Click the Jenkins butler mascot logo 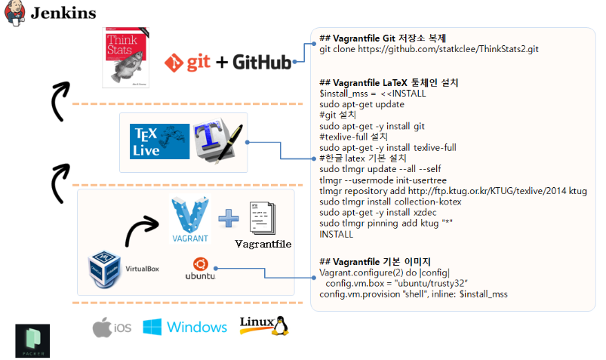(14, 13)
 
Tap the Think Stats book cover (125, 57)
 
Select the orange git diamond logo (174, 63)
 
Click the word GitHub (262, 62)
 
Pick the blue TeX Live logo (160, 141)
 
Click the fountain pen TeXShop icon (217, 140)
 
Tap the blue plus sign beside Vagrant (229, 218)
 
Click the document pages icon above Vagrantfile (263, 218)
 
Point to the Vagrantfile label (263, 244)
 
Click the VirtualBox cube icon (104, 269)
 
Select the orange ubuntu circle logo (201, 264)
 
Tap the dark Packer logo (32, 340)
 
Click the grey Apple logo (102, 327)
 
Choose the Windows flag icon (152, 327)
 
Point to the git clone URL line (429, 49)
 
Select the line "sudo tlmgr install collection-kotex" (390, 202)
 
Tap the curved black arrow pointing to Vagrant (139, 228)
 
